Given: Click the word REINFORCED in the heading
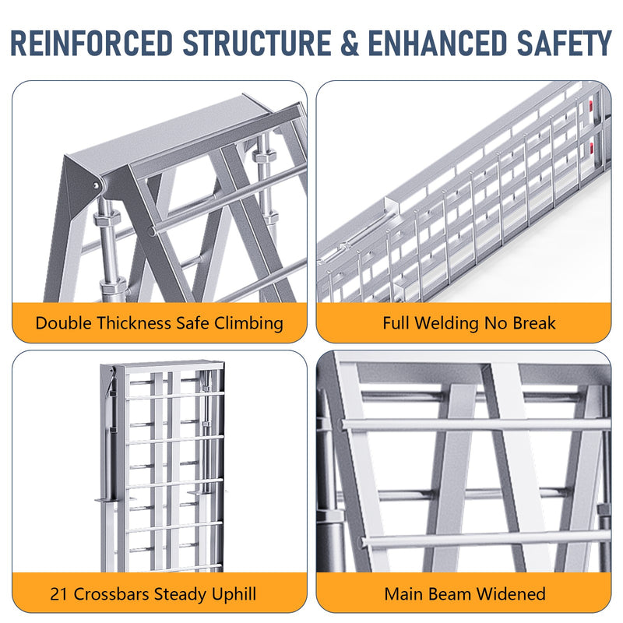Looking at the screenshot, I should coord(92,43).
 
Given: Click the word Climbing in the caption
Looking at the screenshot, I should coord(250,322).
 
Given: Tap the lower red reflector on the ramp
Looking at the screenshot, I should coord(596,143).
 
